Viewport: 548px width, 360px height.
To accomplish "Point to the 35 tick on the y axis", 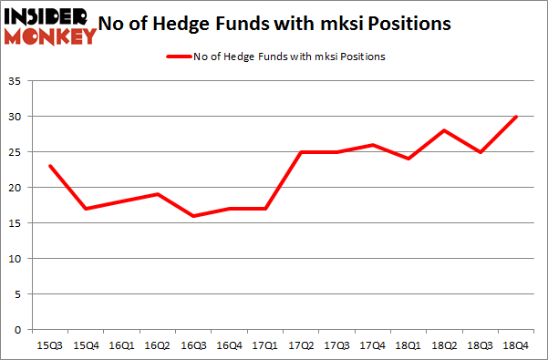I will (x=22, y=82).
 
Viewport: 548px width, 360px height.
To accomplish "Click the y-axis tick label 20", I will (x=22, y=188).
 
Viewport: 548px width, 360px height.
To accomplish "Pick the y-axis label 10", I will (x=22, y=259).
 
